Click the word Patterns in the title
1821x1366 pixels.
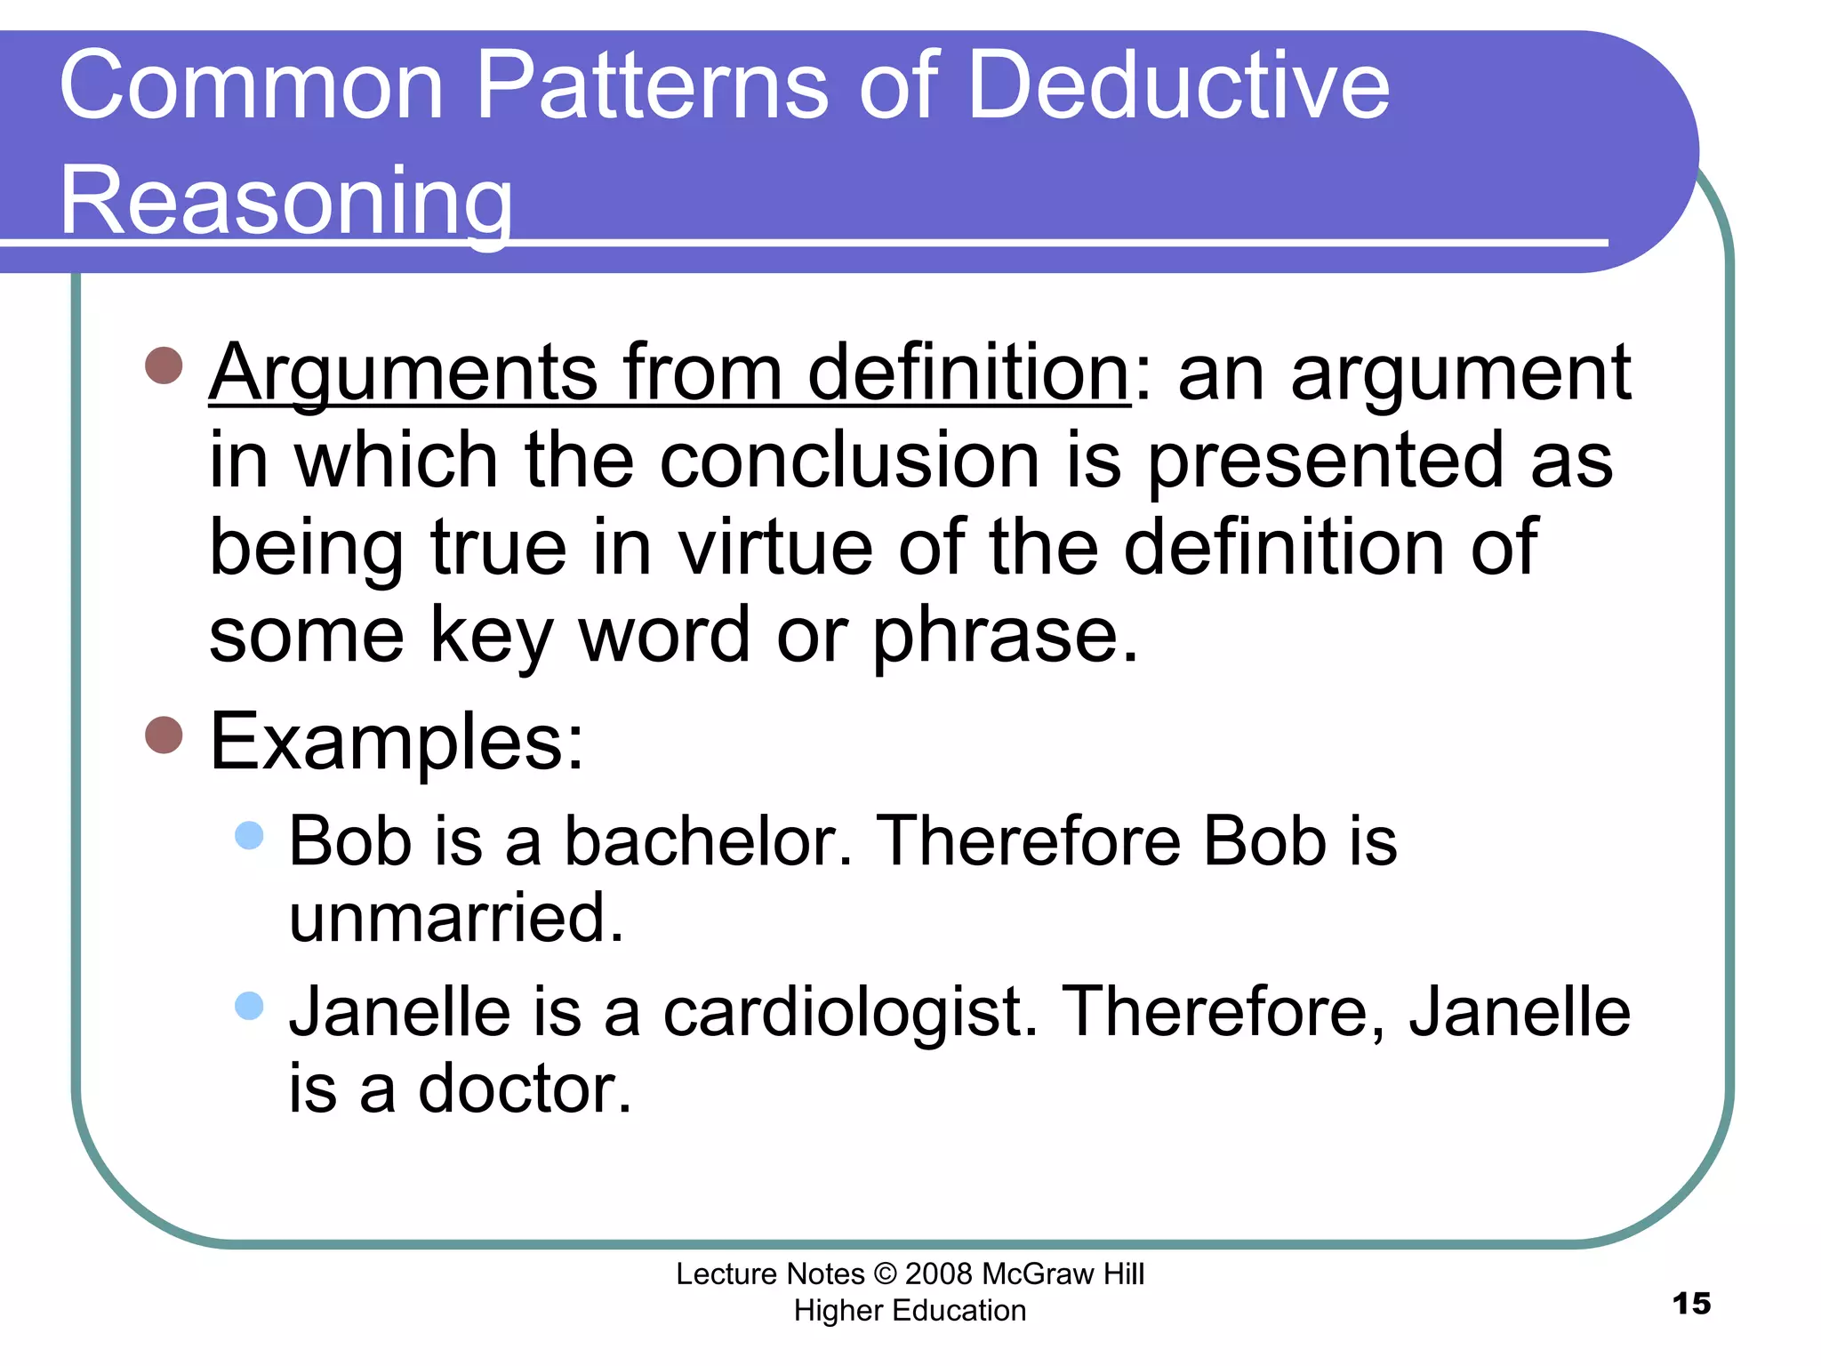653,86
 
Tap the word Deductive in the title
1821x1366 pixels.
1177,86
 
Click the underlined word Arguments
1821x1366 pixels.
405,374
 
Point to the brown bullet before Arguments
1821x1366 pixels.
164,365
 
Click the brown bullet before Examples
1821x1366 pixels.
164,735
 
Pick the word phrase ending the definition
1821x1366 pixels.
1004,636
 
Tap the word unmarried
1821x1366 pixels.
456,919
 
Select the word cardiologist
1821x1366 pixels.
850,1012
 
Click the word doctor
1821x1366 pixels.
525,1089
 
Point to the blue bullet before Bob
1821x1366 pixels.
250,835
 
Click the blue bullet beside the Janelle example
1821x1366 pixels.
250,1006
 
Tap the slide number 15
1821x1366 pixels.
1691,1304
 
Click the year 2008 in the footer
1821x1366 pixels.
938,1274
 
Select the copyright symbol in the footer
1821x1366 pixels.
885,1274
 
